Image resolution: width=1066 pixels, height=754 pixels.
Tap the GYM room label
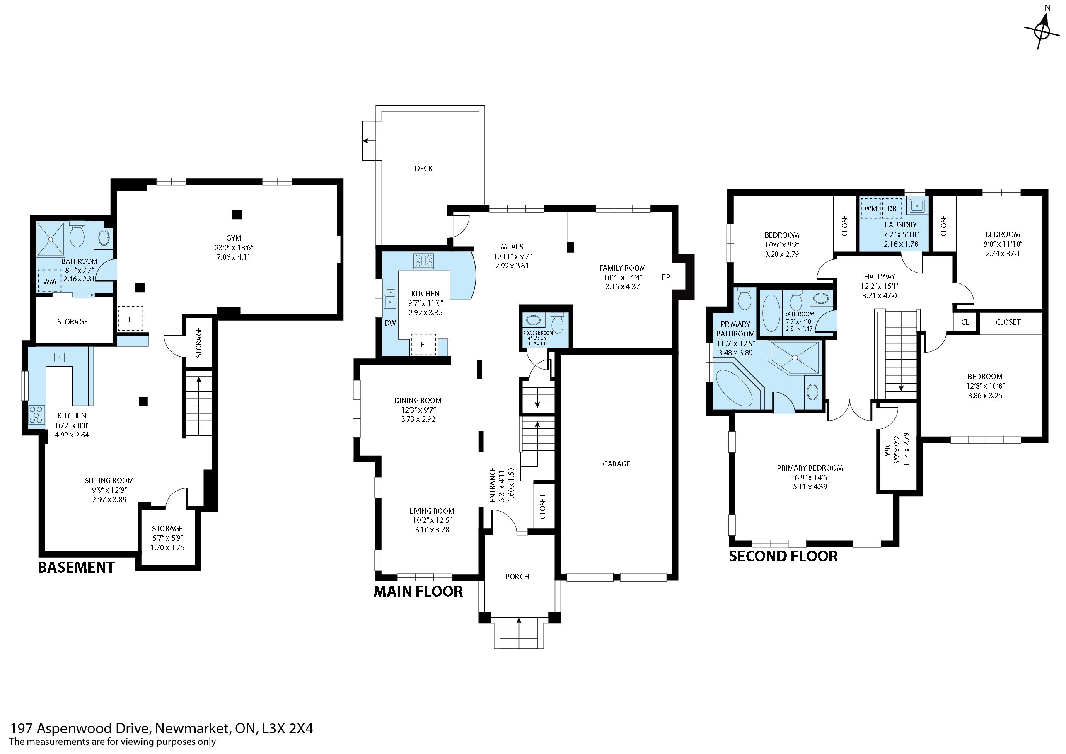234,238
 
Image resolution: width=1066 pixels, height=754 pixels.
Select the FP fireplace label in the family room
666,277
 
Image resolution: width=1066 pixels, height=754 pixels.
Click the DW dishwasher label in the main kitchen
390,323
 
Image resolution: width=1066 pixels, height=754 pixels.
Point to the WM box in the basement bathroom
50,281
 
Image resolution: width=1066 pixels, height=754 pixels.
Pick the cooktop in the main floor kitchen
423,261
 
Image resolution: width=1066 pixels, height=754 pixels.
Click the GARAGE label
616,464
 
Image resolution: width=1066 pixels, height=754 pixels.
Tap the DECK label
423,169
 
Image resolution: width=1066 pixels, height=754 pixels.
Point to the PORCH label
517,577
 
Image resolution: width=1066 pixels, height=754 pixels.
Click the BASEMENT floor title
76,567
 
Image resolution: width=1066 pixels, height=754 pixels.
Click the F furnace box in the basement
130,319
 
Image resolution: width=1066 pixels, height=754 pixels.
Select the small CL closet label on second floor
965,322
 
